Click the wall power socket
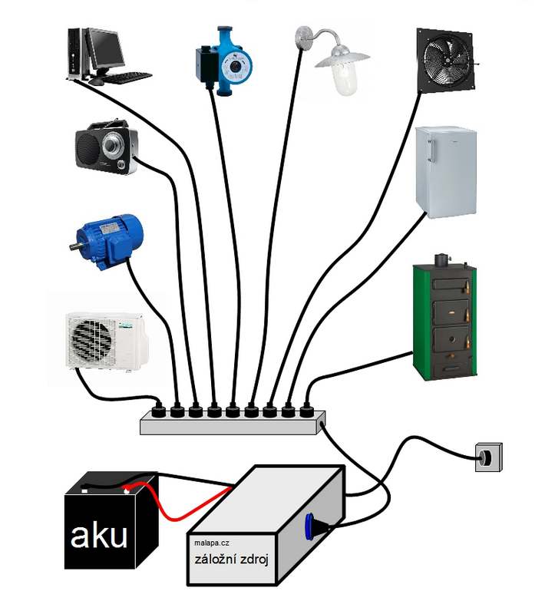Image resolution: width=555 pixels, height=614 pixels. (x=487, y=457)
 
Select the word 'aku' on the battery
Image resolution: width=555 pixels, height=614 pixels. (x=99, y=536)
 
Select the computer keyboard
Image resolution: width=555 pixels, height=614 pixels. (x=123, y=78)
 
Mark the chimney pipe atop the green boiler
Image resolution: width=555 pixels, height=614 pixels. (x=441, y=259)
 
